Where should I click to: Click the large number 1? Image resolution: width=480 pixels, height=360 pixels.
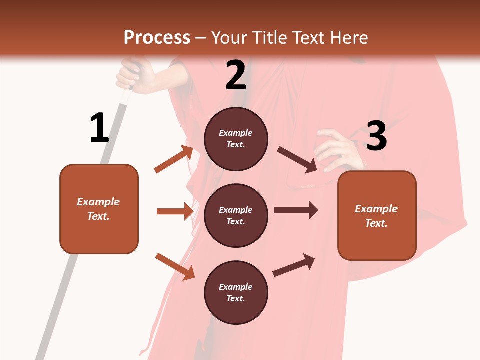point(99,128)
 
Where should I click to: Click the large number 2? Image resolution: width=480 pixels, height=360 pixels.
point(236,76)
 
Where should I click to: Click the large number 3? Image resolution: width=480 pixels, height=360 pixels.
point(376,136)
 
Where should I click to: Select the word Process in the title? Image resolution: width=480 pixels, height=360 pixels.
point(157,37)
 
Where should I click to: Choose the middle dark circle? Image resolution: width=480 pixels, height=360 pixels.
point(236,215)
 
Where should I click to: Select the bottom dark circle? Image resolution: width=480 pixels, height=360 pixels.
point(236,292)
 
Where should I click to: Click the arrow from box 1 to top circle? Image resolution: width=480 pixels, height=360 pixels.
point(174,159)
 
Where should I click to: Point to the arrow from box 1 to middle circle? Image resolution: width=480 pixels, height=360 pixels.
point(175,211)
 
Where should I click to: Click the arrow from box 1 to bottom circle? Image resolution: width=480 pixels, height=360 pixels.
point(175,266)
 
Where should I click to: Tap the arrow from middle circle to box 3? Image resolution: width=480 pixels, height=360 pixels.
point(296,210)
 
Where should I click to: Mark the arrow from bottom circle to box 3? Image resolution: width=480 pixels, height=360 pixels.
point(294,265)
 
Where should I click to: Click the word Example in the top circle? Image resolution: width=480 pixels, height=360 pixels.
point(236,133)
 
